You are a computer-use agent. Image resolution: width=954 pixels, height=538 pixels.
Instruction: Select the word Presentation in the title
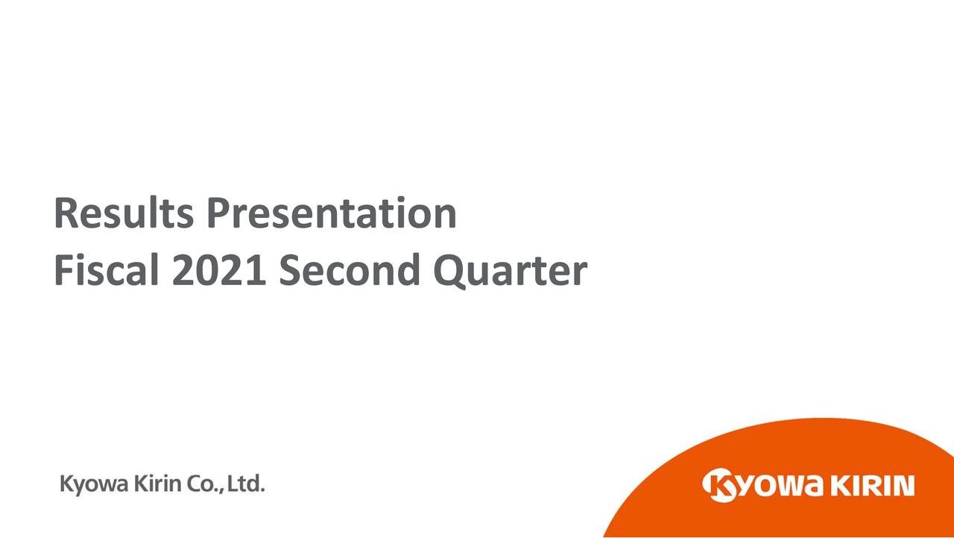coord(332,215)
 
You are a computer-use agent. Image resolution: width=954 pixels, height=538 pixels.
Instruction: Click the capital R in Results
coord(65,213)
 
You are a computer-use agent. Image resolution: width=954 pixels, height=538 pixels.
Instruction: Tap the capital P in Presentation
coord(217,213)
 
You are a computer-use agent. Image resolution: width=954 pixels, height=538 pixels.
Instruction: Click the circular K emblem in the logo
coord(719,486)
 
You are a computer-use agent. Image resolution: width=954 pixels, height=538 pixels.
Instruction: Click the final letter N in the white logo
coord(903,487)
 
